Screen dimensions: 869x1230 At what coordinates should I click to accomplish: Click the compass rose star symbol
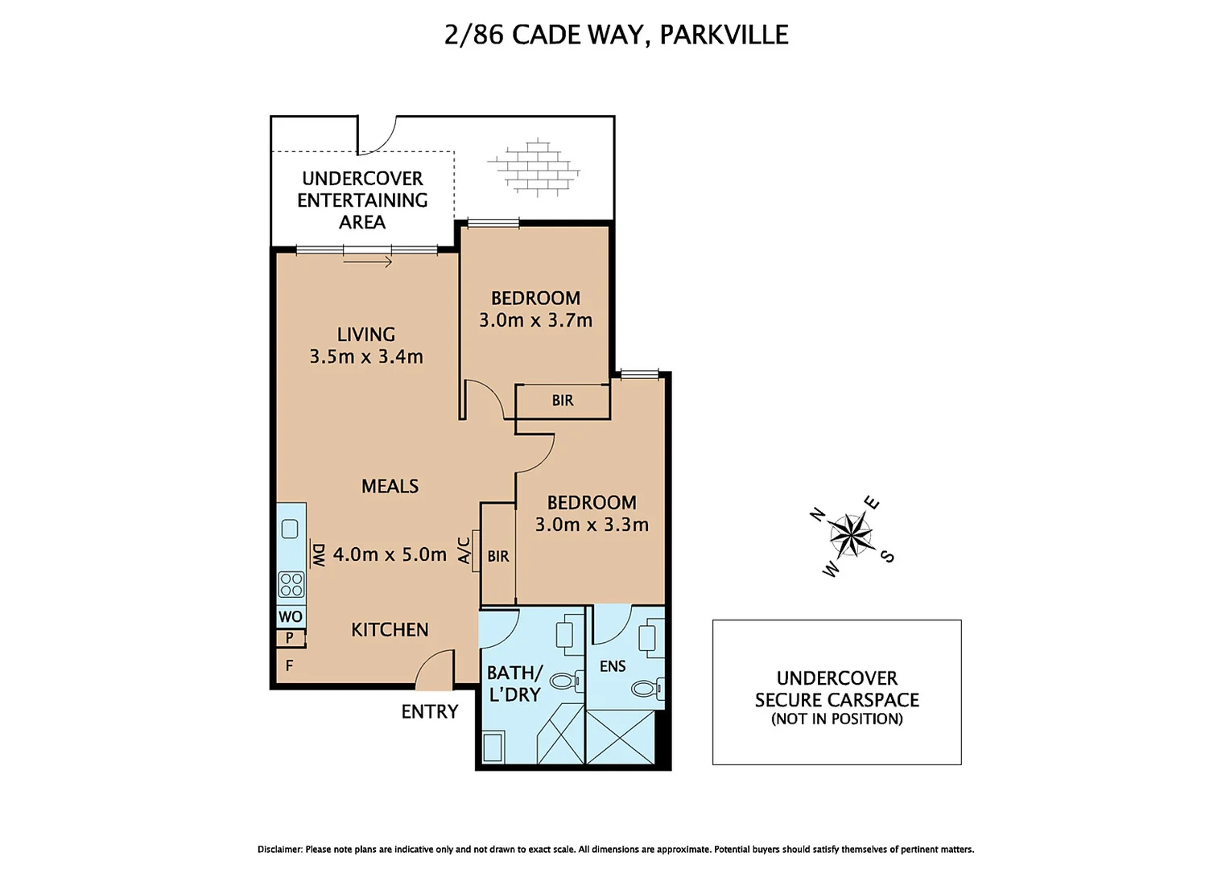(x=850, y=536)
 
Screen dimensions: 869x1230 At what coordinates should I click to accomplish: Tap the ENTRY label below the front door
(x=429, y=712)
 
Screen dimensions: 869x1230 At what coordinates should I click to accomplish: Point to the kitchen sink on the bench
(x=291, y=529)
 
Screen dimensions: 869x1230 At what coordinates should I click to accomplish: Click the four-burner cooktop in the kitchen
(x=291, y=584)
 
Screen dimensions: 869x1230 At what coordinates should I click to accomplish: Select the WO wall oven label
(x=291, y=617)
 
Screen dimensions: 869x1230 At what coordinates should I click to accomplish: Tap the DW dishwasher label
(x=319, y=554)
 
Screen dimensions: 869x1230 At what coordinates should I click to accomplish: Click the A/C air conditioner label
(x=464, y=550)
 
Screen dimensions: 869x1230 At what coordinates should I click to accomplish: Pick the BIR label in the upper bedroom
(x=563, y=401)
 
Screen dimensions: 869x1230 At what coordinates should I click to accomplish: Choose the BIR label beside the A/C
(x=498, y=557)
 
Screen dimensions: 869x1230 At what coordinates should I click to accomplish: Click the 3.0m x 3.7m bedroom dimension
(x=535, y=320)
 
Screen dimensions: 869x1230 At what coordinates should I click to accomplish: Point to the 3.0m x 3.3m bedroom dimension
(x=592, y=525)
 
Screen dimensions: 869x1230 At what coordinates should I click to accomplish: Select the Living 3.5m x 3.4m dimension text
(x=366, y=356)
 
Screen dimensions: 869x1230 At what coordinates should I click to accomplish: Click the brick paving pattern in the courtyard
(x=533, y=168)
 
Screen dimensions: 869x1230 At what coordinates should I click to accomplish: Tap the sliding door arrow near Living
(x=368, y=262)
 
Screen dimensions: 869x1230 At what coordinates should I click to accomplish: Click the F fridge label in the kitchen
(x=289, y=666)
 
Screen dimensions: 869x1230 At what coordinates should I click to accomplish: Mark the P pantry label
(x=289, y=638)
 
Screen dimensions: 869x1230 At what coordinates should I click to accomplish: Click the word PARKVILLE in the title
(x=724, y=35)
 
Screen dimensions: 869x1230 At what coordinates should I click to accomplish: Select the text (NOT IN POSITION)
(x=836, y=719)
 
